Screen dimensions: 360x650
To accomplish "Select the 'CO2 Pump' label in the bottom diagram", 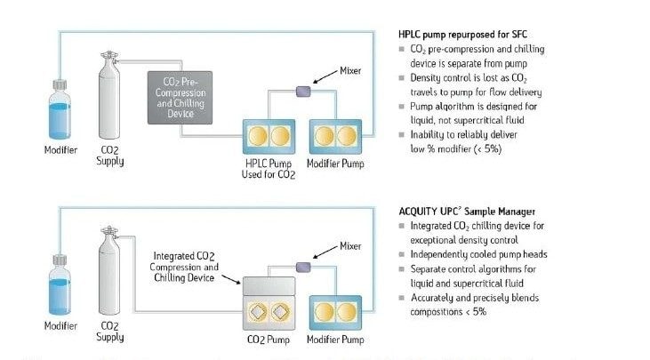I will (269, 340).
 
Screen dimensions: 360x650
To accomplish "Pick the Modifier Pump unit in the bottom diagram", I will (334, 313).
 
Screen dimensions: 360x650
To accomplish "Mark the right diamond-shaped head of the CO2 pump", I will (282, 313).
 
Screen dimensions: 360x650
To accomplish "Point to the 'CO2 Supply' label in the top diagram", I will (110, 156).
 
